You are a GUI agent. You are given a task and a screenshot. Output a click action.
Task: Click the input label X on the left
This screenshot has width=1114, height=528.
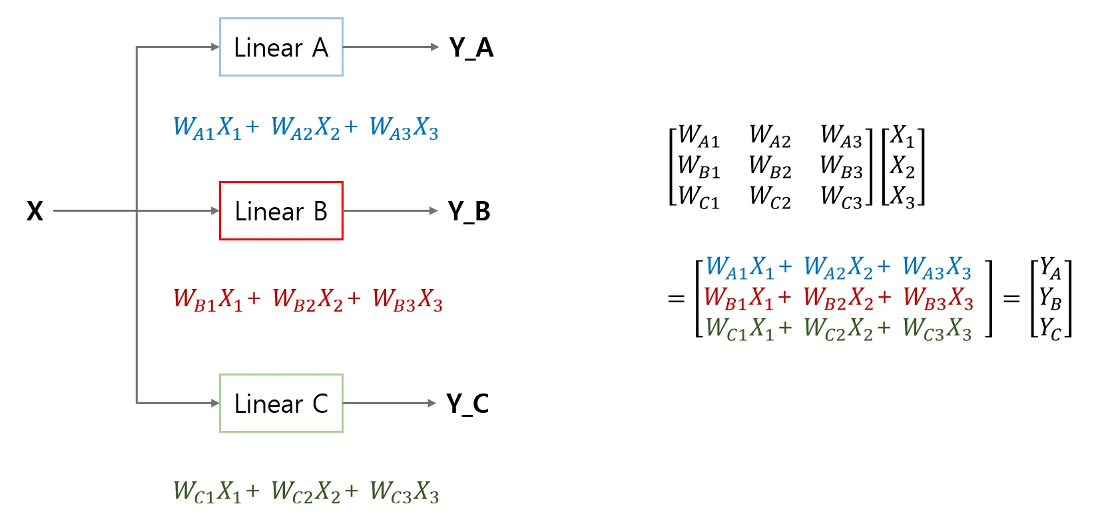pos(35,211)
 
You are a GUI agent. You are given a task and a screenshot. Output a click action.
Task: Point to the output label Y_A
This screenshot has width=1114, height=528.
pos(471,48)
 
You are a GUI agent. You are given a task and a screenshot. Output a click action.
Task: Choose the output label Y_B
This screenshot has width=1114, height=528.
pos(469,211)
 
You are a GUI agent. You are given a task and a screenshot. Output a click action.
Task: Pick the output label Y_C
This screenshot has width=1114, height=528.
pos(467,403)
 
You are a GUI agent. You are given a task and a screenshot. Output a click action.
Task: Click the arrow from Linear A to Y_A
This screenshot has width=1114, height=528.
pos(391,47)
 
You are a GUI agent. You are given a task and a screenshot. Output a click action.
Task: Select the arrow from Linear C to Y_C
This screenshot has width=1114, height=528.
pos(390,403)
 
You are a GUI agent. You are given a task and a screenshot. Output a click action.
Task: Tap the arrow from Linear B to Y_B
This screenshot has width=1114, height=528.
pos(390,211)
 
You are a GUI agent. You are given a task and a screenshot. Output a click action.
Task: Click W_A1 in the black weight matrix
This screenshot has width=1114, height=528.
pos(698,136)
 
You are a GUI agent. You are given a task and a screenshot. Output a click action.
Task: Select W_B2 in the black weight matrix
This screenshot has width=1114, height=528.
pos(770,166)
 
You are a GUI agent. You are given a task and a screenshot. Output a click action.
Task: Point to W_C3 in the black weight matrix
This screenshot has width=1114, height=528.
pos(841,197)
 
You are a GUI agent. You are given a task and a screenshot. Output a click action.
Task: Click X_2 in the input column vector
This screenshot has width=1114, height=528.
pos(902,166)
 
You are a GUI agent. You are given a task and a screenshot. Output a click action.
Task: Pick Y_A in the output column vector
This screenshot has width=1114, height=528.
pos(1050,268)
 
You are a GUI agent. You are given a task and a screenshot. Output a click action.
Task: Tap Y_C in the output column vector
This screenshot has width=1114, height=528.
pos(1050,329)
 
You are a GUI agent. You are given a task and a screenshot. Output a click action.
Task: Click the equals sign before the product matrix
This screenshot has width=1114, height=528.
pos(677,299)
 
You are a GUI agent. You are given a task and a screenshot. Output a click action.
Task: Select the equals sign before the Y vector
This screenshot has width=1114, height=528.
pos(1011,299)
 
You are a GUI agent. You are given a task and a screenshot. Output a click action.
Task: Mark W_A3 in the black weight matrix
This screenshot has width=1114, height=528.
pos(841,136)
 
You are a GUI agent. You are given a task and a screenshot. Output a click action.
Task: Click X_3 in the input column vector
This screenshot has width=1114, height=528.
pos(902,196)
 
